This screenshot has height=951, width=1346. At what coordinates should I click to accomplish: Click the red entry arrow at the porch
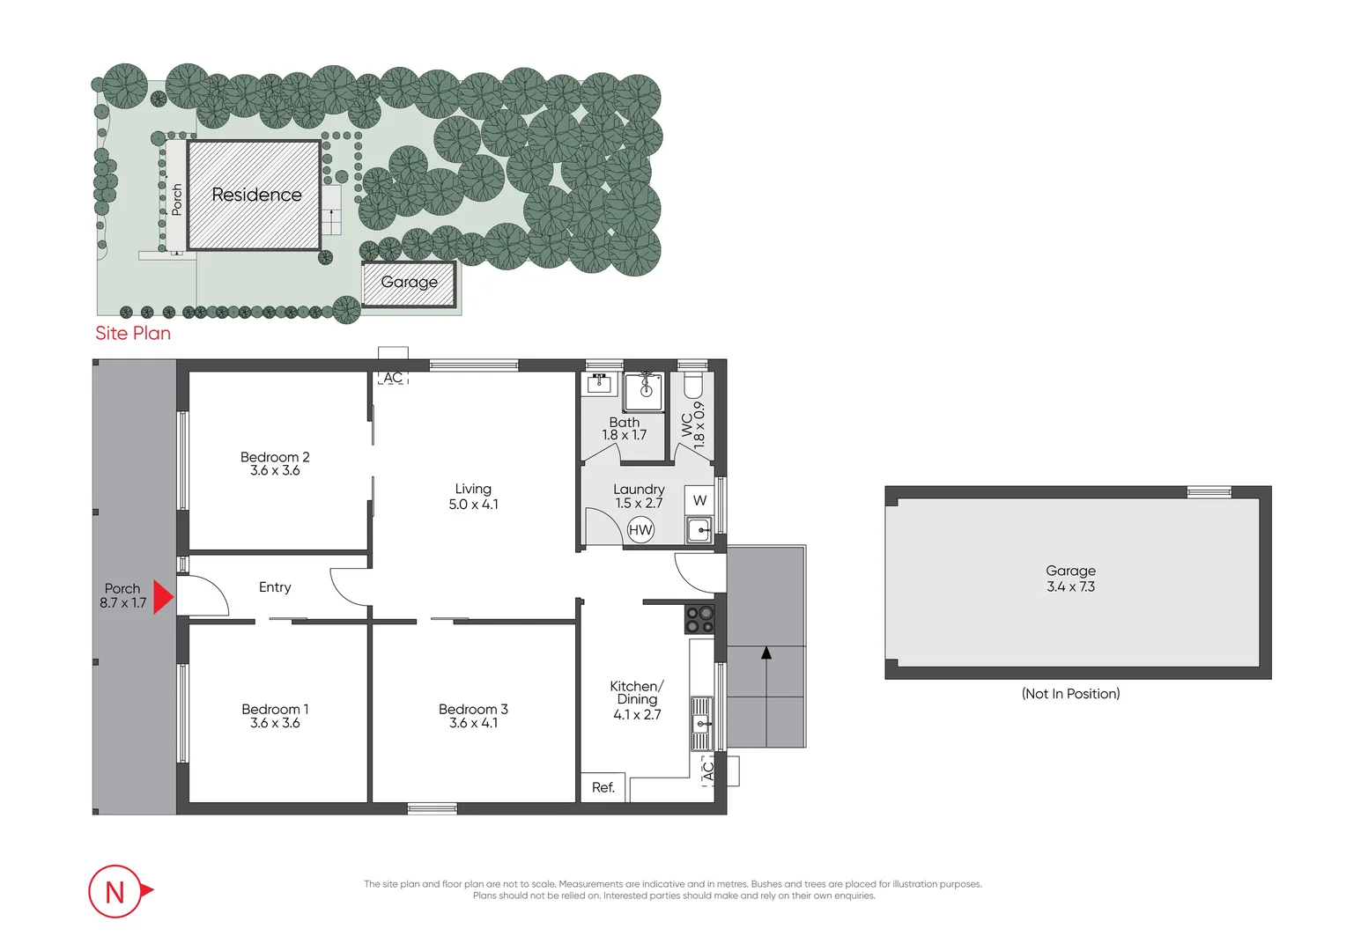(163, 597)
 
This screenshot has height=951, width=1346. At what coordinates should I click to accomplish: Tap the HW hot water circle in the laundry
(640, 530)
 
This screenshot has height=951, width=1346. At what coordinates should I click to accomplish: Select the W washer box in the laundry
(699, 500)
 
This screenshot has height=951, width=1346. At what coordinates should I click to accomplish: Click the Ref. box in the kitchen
(603, 787)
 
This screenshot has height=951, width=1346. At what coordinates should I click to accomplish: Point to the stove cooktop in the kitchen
(699, 619)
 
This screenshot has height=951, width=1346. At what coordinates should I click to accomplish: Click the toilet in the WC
(693, 386)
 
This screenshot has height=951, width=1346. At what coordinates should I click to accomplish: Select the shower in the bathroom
(645, 390)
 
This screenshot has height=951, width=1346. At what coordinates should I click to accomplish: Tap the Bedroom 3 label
(473, 709)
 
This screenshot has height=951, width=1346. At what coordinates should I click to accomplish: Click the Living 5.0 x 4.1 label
(473, 497)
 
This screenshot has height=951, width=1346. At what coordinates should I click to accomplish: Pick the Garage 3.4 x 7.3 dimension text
(1070, 586)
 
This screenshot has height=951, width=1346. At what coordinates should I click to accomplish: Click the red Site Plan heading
(133, 333)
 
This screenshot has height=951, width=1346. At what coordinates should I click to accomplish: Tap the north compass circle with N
(115, 891)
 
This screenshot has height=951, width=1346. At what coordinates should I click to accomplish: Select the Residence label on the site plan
(256, 195)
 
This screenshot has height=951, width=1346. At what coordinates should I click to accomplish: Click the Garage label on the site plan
(409, 282)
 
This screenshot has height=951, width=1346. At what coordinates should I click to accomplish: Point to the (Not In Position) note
(1070, 694)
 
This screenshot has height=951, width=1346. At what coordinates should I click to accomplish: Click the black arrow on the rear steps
(766, 653)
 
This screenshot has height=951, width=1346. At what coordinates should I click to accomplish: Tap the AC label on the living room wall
(393, 378)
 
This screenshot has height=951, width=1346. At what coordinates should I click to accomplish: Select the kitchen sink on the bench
(701, 724)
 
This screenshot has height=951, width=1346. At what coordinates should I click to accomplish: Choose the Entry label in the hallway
(275, 587)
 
